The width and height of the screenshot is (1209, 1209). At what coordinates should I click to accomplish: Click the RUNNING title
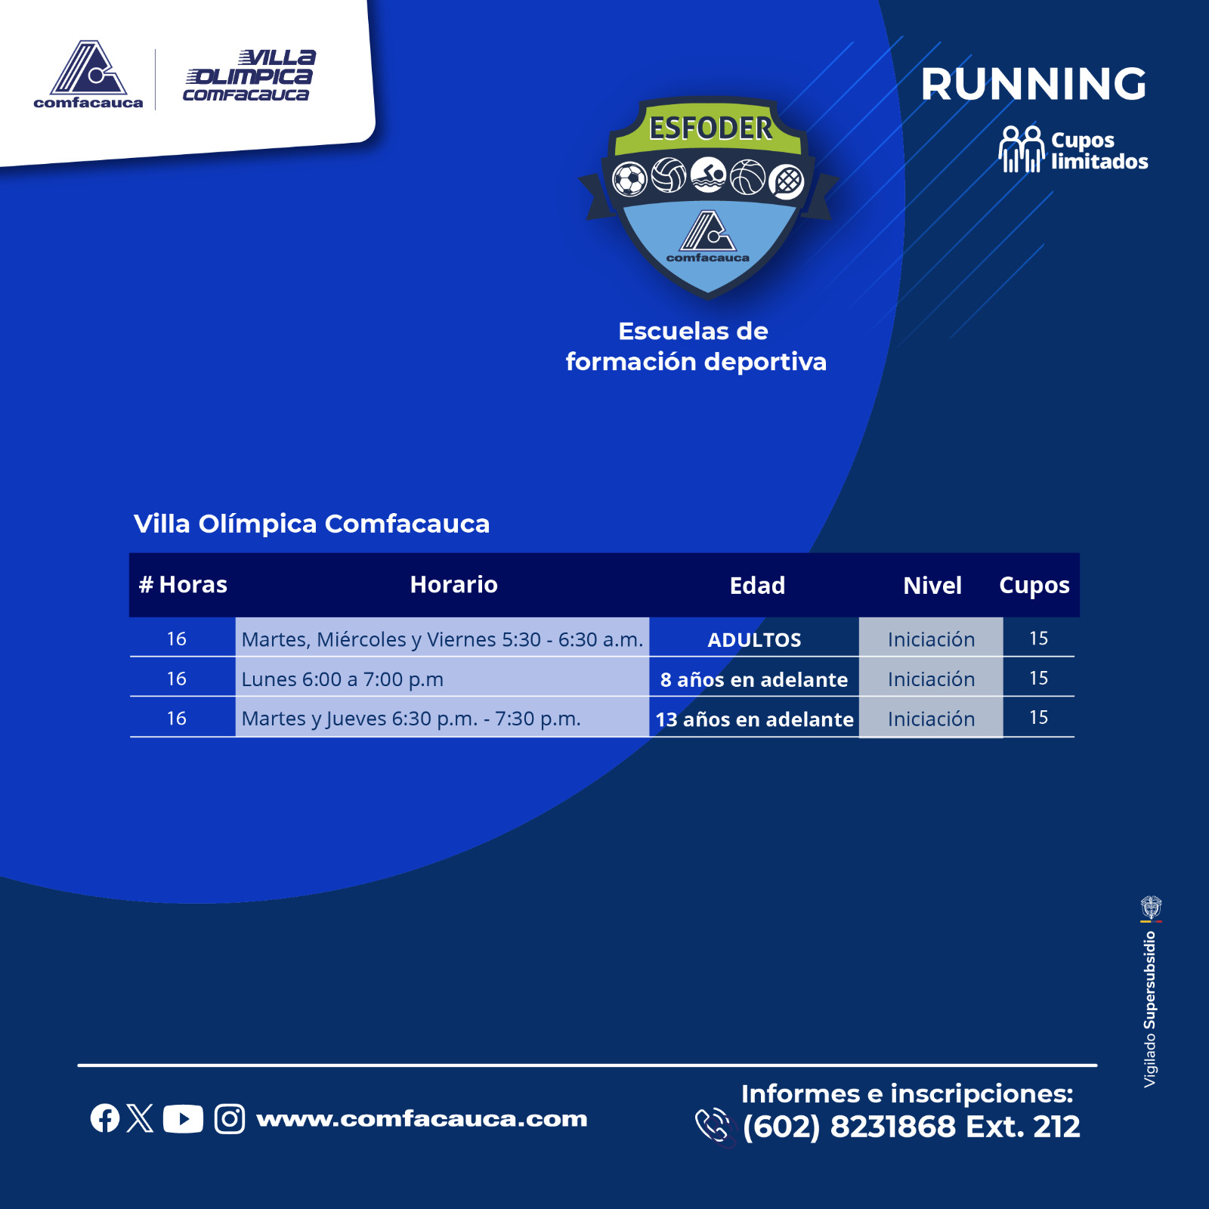tap(1033, 84)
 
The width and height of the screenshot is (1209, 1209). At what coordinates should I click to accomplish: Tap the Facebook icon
tap(105, 1118)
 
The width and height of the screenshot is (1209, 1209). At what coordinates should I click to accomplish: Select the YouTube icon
tap(183, 1119)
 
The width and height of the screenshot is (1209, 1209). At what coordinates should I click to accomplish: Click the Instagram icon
tap(230, 1119)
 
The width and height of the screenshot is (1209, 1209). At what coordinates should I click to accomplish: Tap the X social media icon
tap(141, 1118)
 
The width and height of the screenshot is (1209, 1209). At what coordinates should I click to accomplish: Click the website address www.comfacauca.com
tap(422, 1119)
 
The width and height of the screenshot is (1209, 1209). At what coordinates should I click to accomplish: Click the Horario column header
tap(453, 585)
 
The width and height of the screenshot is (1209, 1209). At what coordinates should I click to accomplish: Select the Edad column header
tap(757, 586)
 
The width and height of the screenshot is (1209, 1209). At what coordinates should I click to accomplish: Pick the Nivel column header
tap(932, 586)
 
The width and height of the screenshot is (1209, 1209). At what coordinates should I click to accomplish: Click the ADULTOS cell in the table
tap(754, 640)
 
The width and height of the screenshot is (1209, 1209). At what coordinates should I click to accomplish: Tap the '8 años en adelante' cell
tap(754, 679)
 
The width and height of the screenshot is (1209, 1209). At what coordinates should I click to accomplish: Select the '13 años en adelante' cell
tap(754, 719)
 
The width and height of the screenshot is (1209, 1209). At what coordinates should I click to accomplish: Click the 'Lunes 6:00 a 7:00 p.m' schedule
tap(342, 679)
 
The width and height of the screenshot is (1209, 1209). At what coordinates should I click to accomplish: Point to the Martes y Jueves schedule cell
tap(411, 719)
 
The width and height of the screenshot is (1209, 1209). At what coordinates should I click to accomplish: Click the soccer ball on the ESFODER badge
tap(629, 180)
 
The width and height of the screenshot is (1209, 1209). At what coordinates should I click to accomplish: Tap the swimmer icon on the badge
tap(708, 175)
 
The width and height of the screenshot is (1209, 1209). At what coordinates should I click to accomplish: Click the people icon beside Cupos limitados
tap(1021, 150)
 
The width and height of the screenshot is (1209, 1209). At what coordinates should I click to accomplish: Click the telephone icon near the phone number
tap(712, 1126)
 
